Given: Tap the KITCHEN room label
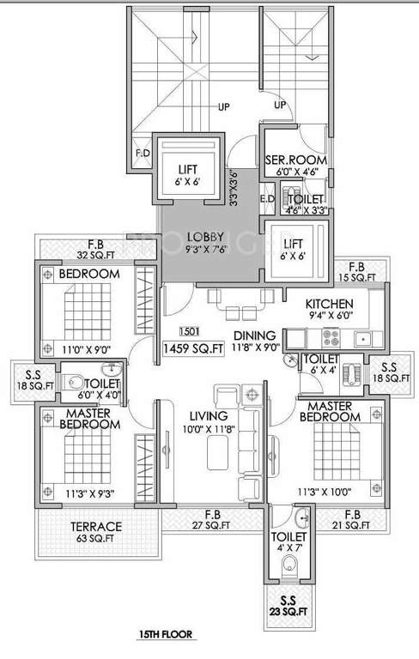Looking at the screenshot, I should pos(330,303).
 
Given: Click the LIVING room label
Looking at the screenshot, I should pos(208,416).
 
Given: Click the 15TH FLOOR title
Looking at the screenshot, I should pos(166,637).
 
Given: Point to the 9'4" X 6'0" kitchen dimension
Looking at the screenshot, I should pos(330,316).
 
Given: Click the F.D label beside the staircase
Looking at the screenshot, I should pos(143,155).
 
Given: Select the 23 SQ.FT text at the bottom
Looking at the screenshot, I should pos(290,612).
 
